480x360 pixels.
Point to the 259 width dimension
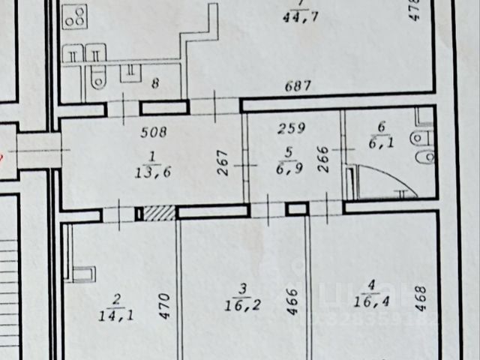pyautogui.click(x=291, y=128)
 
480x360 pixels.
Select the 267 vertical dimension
pyautogui.click(x=221, y=164)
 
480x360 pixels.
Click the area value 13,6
pyautogui.click(x=151, y=169)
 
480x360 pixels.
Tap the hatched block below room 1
pyautogui.click(x=158, y=214)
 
